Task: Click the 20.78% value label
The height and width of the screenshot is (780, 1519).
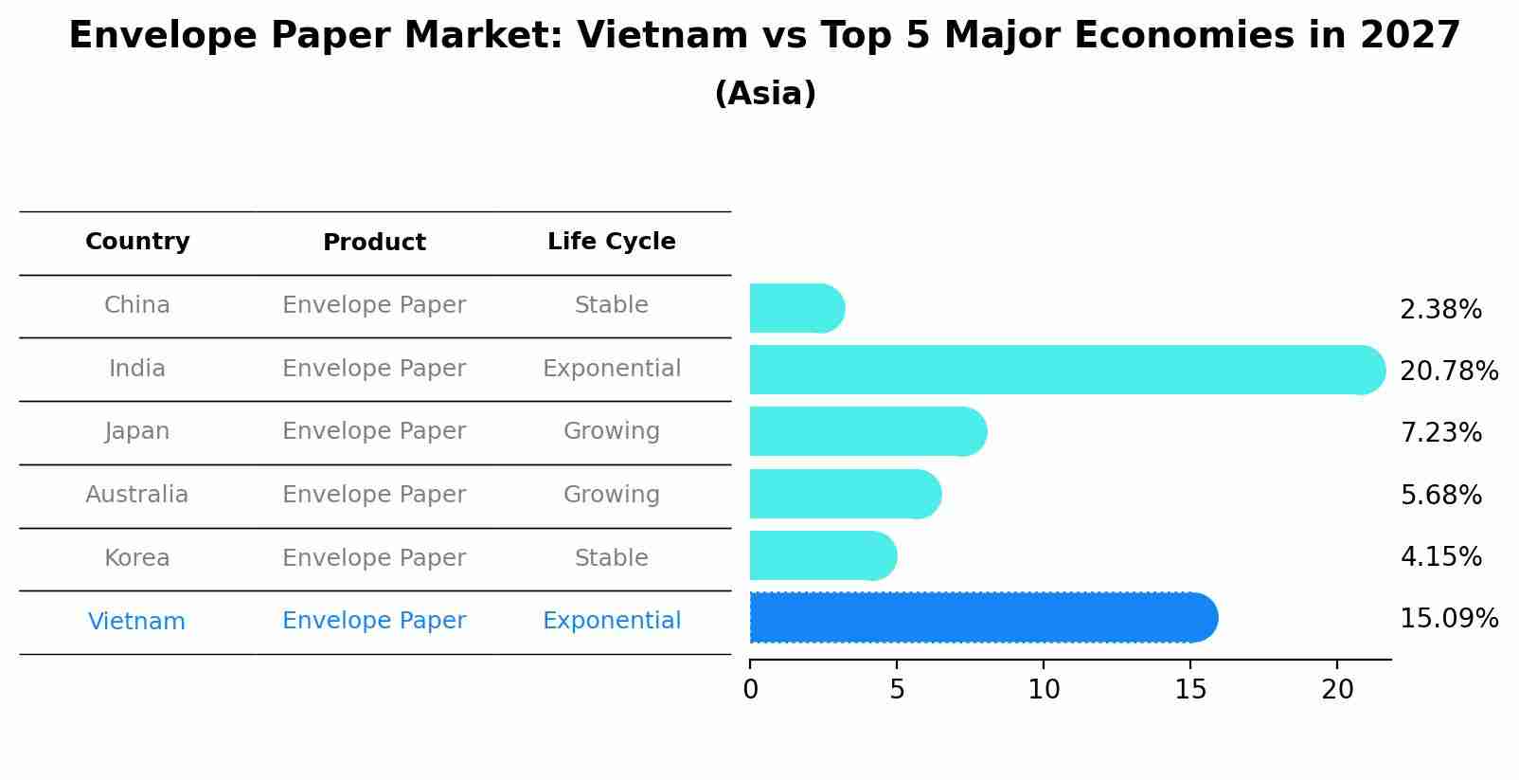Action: point(1448,371)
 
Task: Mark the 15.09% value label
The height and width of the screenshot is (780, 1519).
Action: point(1448,619)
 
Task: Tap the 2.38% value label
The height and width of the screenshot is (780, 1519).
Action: point(1440,310)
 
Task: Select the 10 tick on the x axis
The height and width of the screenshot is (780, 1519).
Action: point(1044,690)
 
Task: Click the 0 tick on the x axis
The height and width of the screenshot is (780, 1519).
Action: point(751,690)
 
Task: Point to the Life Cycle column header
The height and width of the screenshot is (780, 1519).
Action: point(611,242)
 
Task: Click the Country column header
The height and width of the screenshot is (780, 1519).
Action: point(137,242)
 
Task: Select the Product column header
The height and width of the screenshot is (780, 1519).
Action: point(374,243)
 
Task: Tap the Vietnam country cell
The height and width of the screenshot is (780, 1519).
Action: point(136,622)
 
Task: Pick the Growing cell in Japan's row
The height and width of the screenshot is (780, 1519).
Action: point(611,431)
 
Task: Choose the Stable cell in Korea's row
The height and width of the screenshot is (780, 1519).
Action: point(611,558)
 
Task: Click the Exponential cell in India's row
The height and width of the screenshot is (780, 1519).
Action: point(611,369)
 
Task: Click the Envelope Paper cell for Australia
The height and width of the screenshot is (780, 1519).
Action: point(374,495)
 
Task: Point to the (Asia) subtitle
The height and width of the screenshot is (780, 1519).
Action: point(765,94)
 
